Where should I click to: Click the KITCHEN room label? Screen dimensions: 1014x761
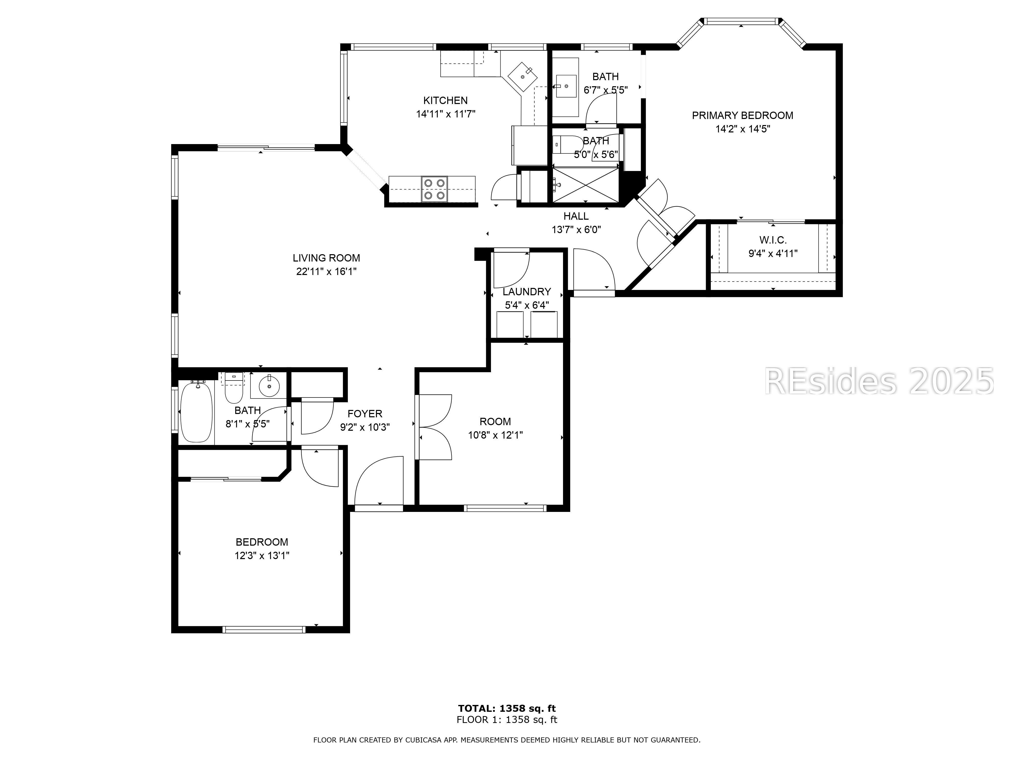445,100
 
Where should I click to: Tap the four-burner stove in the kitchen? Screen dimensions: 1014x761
434,189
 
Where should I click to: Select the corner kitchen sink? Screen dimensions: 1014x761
522,77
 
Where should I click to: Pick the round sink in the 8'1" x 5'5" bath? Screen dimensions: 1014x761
269,385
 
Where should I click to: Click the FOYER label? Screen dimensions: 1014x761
365,414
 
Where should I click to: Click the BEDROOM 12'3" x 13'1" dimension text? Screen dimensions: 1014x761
262,556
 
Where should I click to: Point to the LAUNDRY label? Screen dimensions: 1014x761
527,292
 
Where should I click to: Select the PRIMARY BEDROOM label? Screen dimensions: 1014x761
742,116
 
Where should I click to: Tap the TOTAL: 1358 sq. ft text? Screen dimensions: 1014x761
507,709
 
